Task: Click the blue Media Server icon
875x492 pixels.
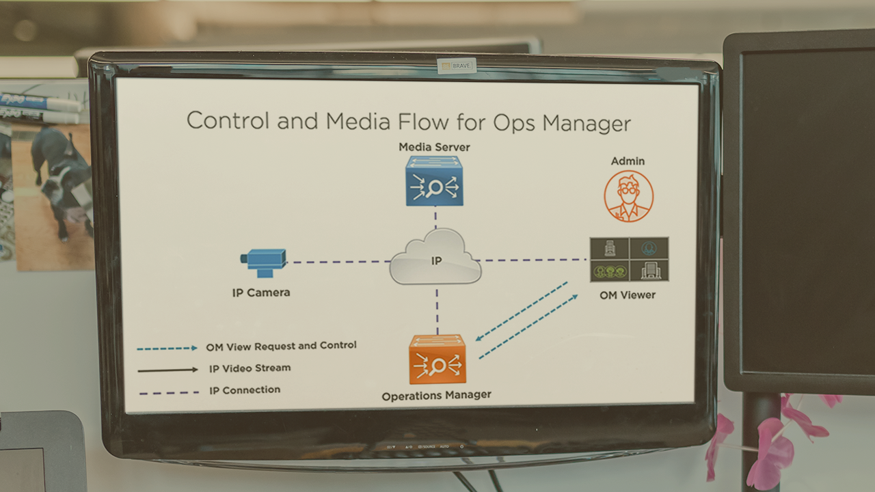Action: coord(434,181)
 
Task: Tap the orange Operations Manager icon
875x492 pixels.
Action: coord(437,359)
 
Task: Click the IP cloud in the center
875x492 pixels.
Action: coord(435,257)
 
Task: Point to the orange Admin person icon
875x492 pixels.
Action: coord(628,196)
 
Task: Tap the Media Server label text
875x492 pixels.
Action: coord(434,147)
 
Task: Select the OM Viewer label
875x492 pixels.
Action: coord(628,295)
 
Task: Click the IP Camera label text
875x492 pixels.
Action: coord(261,293)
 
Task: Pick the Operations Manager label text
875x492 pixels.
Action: coord(437,396)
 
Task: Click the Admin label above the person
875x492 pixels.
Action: coord(628,161)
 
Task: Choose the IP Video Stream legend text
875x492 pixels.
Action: coord(250,368)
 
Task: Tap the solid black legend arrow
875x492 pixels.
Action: coord(168,370)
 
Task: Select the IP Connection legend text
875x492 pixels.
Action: coord(245,390)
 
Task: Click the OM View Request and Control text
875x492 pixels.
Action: coord(281,346)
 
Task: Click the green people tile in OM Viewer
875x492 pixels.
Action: coord(610,271)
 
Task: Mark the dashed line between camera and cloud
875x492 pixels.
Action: coord(338,262)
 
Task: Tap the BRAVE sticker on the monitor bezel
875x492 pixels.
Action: coord(457,66)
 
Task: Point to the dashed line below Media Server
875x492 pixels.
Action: coord(435,220)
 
